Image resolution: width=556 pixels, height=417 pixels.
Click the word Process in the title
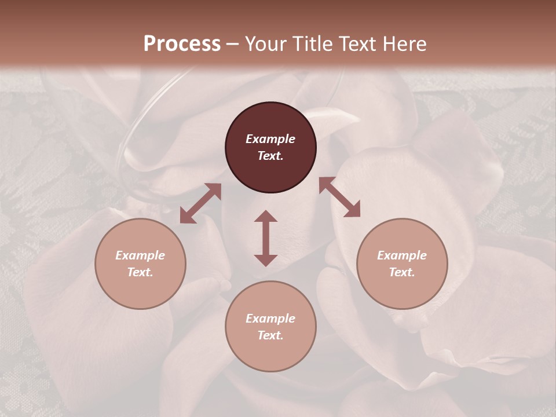182,44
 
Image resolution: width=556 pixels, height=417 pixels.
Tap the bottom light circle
270,353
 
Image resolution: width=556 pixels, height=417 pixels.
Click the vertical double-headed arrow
266,238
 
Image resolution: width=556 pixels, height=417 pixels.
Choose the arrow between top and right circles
339,197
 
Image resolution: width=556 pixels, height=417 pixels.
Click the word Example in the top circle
270,139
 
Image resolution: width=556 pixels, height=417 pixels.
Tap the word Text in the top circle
270,156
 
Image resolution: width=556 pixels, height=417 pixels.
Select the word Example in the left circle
140,255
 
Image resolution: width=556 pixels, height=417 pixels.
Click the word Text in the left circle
140,272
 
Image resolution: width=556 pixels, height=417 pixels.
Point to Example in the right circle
402,255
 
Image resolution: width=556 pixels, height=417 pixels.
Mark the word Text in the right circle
402,272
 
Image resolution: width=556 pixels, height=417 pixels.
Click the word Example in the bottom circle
270,319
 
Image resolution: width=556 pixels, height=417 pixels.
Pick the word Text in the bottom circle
270,335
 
